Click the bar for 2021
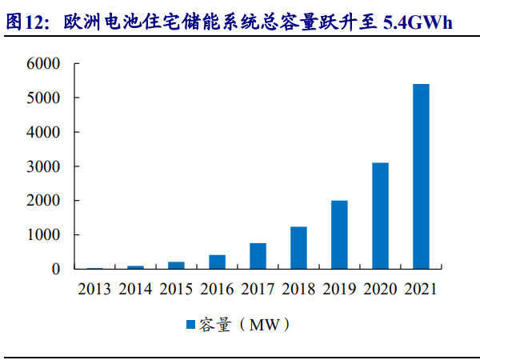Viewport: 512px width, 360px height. click(421, 176)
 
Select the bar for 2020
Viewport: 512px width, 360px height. click(380, 216)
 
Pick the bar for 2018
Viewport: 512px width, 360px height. click(298, 248)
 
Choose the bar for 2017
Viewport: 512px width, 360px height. click(258, 256)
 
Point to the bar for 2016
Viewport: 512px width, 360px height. click(217, 262)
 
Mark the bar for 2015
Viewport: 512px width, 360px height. click(176, 266)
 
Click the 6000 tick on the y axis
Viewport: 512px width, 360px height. click(44, 63)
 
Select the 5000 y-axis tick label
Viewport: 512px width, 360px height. click(44, 98)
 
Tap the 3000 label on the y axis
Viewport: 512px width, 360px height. click(44, 166)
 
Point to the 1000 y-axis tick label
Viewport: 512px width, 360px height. click(44, 235)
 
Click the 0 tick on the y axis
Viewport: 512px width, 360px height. click(55, 270)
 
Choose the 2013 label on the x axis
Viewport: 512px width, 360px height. click(94, 290)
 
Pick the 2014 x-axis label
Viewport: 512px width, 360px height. click(135, 290)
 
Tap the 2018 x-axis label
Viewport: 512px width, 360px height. click(298, 290)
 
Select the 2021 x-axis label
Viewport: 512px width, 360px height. click(421, 290)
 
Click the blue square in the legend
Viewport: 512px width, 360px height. click(190, 325)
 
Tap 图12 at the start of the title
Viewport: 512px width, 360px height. click(23, 22)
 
